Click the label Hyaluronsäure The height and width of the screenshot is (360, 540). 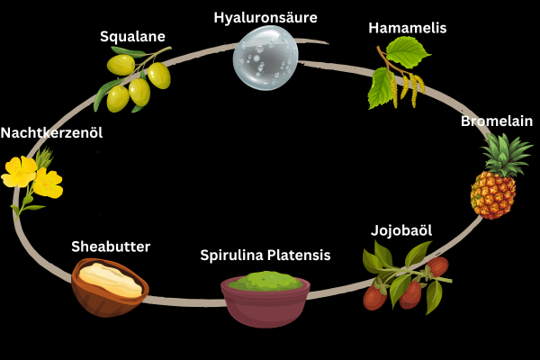(x=265, y=17)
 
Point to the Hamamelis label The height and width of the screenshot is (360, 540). (x=407, y=28)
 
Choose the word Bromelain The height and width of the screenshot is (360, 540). (x=497, y=121)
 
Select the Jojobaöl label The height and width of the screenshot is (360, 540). (x=401, y=230)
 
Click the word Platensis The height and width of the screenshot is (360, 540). (x=302, y=256)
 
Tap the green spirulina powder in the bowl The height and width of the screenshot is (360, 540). (x=265, y=282)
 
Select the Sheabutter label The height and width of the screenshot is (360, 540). (x=111, y=246)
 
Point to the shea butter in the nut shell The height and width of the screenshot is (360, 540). (x=112, y=278)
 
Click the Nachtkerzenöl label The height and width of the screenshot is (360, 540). (x=51, y=132)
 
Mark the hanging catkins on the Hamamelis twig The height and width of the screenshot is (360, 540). (x=413, y=87)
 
